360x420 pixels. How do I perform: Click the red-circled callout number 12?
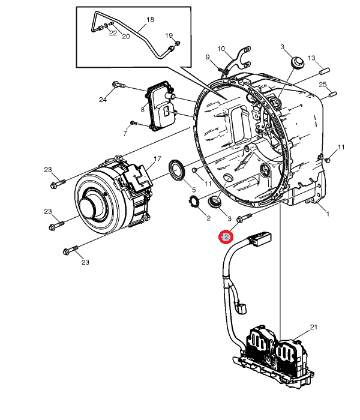pyautogui.click(x=226, y=237)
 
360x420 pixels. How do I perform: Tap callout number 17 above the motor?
pyautogui.click(x=157, y=159)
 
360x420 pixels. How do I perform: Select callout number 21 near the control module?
pyautogui.click(x=314, y=327)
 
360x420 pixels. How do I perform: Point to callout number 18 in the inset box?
pyautogui.click(x=150, y=20)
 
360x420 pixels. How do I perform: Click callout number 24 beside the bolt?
pyautogui.click(x=103, y=100)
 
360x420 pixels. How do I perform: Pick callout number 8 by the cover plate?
pyautogui.click(x=143, y=110)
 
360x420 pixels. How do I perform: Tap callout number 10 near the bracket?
pyautogui.click(x=221, y=49)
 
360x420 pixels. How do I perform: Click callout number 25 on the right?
pyautogui.click(x=323, y=85)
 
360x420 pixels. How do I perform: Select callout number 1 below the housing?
pyautogui.click(x=328, y=214)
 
